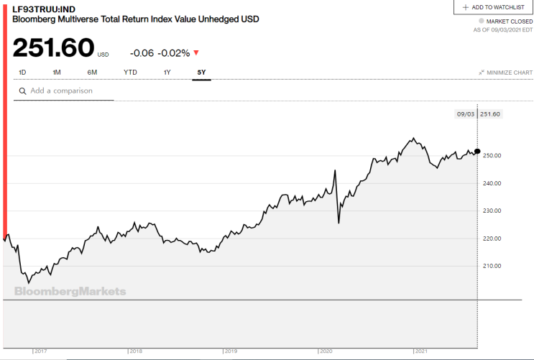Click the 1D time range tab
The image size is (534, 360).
[x=22, y=72]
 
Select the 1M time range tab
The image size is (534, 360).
[x=57, y=72]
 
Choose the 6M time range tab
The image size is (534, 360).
[x=92, y=72]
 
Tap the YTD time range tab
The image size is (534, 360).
[x=130, y=72]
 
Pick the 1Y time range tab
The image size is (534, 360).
[x=167, y=72]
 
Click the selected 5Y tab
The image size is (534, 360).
[x=202, y=72]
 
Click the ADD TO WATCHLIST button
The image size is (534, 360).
[x=494, y=7]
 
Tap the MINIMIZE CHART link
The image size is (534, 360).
[x=506, y=73]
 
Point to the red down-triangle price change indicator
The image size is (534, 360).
[x=196, y=52]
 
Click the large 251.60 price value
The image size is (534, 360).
[x=53, y=47]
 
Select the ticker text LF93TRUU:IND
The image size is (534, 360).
[x=44, y=9]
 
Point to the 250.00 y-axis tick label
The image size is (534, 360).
[x=492, y=156]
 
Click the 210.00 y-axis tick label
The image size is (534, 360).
[x=492, y=266]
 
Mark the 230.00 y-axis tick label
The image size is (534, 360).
[x=492, y=211]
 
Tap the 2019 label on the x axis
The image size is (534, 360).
[x=231, y=351]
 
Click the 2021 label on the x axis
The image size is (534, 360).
[x=421, y=351]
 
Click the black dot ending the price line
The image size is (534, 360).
[x=477, y=151]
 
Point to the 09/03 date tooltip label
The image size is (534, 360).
[x=466, y=114]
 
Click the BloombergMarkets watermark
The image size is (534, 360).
[x=70, y=292]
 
